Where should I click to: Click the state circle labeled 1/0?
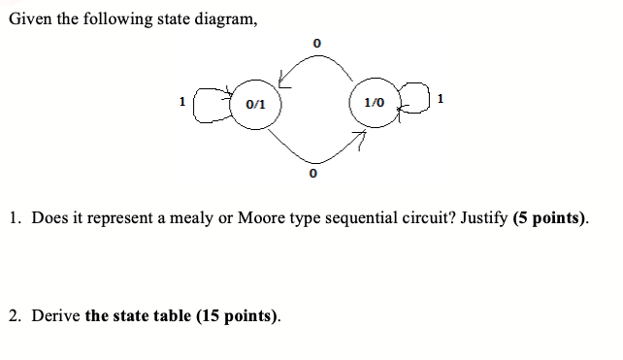click(x=375, y=102)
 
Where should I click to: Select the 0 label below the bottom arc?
click(x=311, y=175)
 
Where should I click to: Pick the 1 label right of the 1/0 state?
click(x=442, y=97)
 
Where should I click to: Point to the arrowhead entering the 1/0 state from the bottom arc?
click(x=356, y=143)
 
